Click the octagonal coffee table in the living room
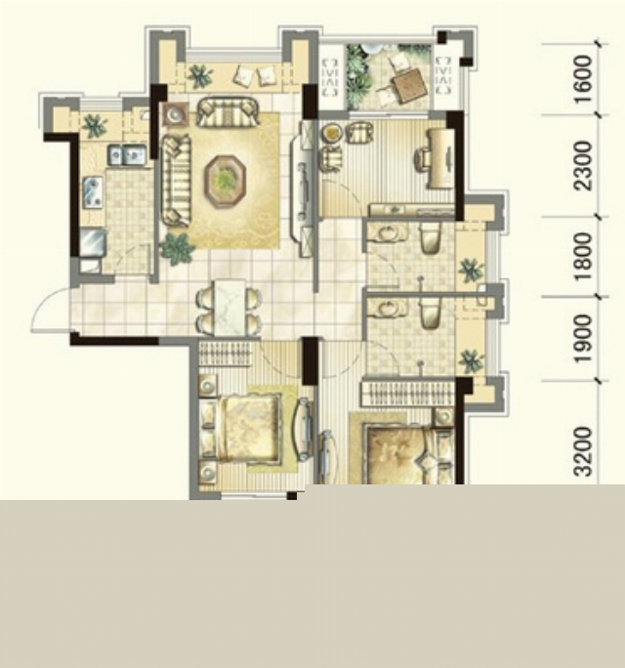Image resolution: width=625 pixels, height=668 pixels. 226,181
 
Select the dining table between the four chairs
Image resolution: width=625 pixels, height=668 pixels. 229,307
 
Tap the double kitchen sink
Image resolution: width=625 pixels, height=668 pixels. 127,154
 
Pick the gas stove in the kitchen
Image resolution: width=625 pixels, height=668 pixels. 94,192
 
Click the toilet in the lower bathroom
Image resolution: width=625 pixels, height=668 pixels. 431,313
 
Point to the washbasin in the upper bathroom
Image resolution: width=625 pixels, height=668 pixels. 388,233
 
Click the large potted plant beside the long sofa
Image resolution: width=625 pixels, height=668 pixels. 177,248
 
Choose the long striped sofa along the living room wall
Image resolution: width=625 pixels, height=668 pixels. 176,180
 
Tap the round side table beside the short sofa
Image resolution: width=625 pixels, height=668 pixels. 175,114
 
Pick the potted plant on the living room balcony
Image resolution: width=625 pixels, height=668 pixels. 200,76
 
